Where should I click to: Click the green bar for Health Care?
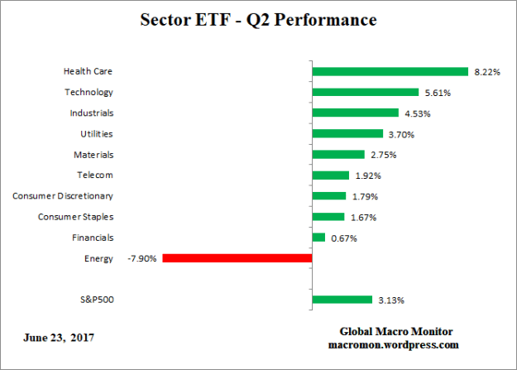point(390,72)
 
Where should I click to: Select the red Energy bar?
point(237,258)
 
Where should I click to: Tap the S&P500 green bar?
point(342,300)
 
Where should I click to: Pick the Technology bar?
point(365,93)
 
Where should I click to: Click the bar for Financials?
point(318,238)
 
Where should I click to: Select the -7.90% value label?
point(142,258)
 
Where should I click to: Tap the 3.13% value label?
point(392,300)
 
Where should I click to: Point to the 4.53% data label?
point(419,113)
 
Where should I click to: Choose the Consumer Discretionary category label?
point(63,196)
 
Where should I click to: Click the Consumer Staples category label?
point(75,217)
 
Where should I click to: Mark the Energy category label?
point(98,258)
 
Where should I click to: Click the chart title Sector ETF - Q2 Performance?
point(259,19)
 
